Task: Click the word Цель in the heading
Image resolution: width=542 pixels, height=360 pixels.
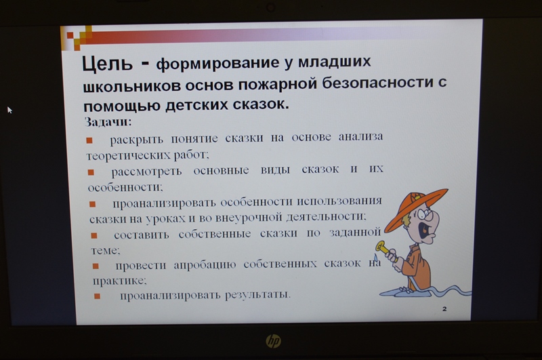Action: point(107,64)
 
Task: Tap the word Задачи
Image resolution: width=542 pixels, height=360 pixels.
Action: point(108,122)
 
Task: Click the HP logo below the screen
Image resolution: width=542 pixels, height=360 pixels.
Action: point(274,341)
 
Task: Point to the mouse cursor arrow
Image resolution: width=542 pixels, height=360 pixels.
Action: point(9,110)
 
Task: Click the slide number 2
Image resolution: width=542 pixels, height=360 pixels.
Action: point(444,309)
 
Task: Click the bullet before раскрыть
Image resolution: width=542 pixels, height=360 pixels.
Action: point(89,140)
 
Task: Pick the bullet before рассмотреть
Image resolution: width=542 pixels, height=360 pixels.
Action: point(91,172)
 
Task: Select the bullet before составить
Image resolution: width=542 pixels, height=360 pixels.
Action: point(94,236)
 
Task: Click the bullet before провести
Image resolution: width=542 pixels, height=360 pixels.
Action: point(96,266)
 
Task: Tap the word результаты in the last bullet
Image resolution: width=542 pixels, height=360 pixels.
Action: point(258,295)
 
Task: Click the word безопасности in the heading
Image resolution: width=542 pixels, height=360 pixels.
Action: point(377,83)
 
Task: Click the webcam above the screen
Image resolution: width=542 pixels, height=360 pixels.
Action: point(270,7)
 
